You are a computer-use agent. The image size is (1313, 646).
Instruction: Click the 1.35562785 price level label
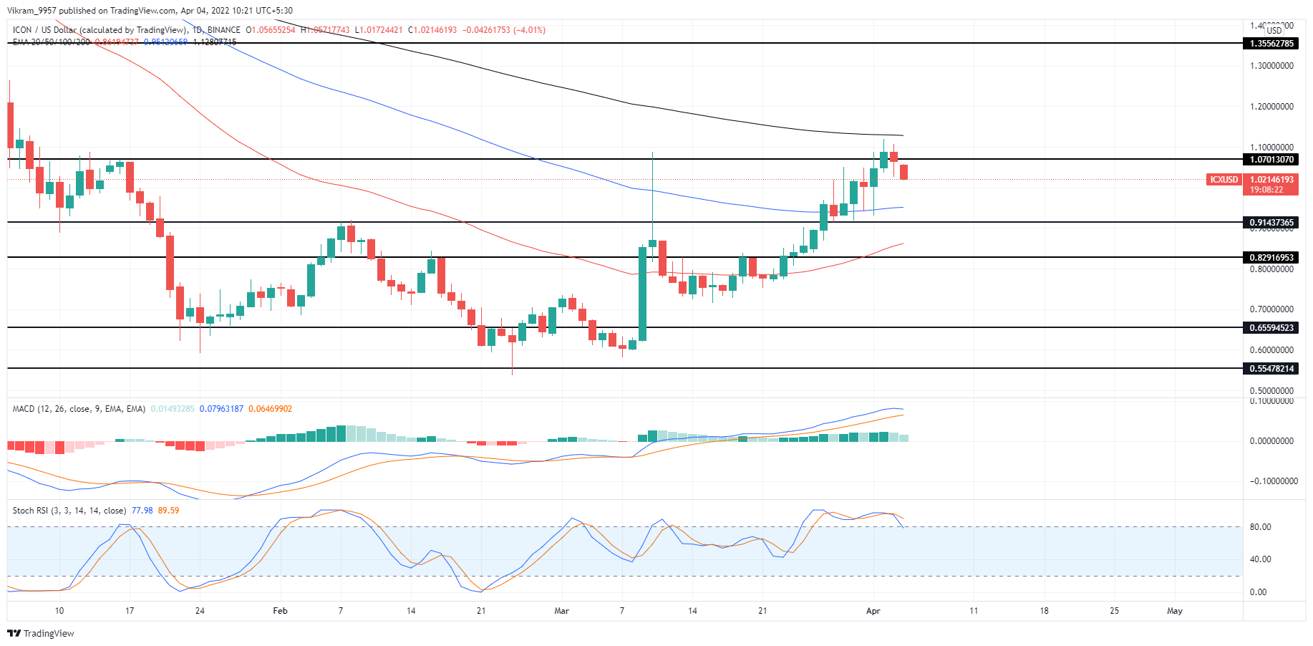(x=1271, y=44)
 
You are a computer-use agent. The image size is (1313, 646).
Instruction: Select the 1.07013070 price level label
(x=1271, y=160)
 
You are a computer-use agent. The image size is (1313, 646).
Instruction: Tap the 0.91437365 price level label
(x=1271, y=223)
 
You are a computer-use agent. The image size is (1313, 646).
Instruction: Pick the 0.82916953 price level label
(x=1271, y=258)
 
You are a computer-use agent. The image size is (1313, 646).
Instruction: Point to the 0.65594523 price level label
(x=1271, y=328)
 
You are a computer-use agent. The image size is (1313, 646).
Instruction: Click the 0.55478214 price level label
(x=1271, y=369)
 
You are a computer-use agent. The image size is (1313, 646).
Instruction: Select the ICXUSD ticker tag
(x=1224, y=180)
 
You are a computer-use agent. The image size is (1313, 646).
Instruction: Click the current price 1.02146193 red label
(x=1271, y=180)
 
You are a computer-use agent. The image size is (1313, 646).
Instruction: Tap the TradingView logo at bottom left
(x=41, y=633)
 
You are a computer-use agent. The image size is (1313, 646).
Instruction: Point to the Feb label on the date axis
(x=280, y=611)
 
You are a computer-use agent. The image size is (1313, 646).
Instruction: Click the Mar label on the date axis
(x=561, y=611)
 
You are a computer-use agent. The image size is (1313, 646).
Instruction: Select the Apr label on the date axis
(x=873, y=611)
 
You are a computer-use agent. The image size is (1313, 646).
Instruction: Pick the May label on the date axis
(x=1174, y=611)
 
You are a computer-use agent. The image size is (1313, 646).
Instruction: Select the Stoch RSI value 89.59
(x=168, y=511)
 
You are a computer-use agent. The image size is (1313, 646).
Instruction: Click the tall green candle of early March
(x=643, y=294)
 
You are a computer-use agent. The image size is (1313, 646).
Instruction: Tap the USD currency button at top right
(x=1274, y=30)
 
